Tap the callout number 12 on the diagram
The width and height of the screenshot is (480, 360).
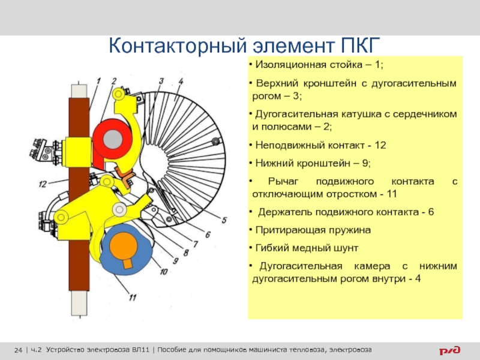point(43,184)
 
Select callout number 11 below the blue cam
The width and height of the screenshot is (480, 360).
point(133,297)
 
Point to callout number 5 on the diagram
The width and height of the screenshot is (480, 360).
point(224,220)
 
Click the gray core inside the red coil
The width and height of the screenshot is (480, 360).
point(113,139)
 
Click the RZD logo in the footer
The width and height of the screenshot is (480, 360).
point(449,350)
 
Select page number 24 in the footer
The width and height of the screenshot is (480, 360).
point(19,350)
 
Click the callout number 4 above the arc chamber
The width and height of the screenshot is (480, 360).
point(181,82)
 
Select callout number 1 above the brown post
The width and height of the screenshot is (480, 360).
point(98,82)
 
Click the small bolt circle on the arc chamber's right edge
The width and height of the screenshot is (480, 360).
point(216,141)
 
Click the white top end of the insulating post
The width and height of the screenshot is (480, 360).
point(79,91)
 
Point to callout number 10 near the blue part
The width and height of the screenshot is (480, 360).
point(164,272)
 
